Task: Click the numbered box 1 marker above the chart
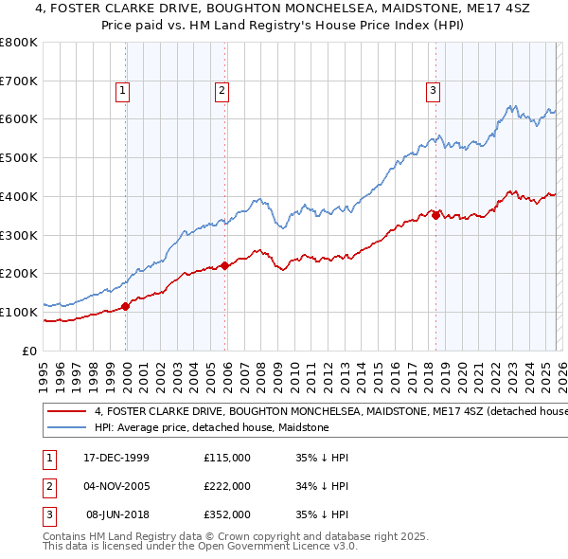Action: click(x=123, y=91)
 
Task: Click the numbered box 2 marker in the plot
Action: click(x=222, y=91)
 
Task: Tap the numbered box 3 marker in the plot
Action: click(x=433, y=91)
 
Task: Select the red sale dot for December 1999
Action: click(x=127, y=305)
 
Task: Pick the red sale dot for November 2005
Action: click(x=225, y=265)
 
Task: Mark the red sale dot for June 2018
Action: click(x=435, y=215)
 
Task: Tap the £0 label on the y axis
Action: click(x=29, y=351)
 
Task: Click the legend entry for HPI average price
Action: click(x=211, y=428)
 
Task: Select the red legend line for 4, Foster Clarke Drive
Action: click(x=66, y=412)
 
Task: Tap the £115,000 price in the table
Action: click(x=227, y=457)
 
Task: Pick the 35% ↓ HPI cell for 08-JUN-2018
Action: click(x=322, y=514)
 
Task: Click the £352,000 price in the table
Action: click(x=227, y=514)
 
